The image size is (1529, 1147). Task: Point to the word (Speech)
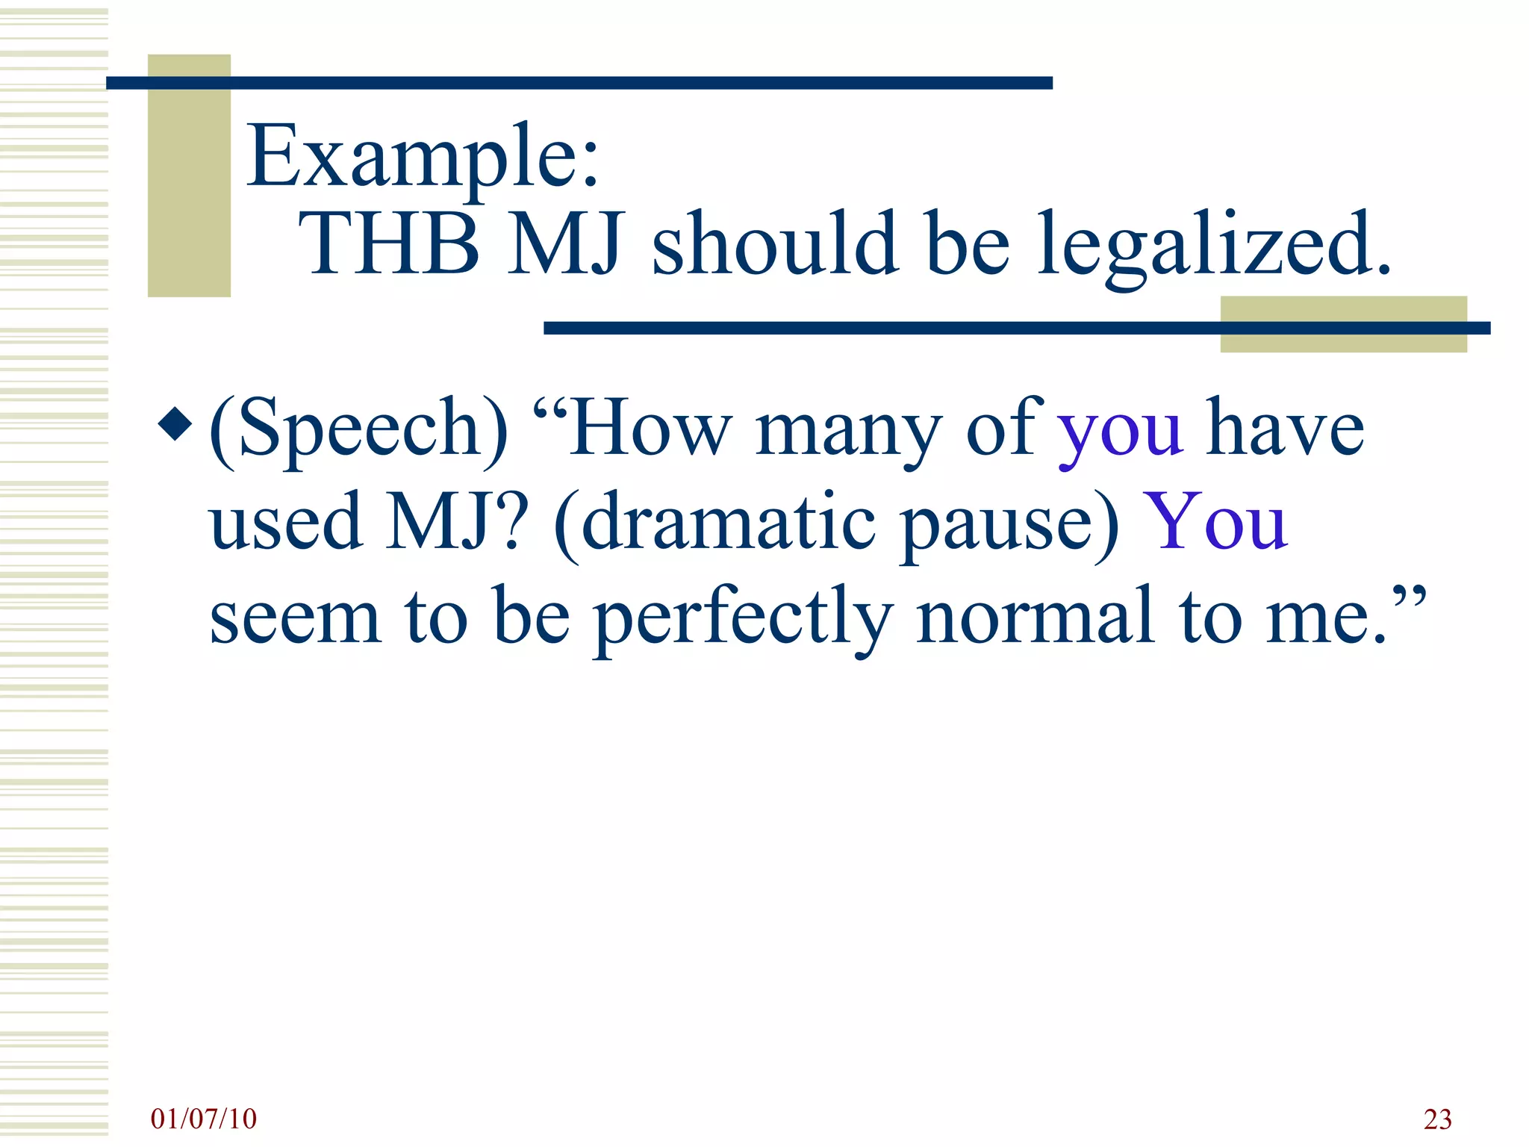point(358,429)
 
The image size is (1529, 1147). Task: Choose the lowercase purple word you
point(1121,433)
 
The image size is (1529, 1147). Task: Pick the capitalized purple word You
point(1217,523)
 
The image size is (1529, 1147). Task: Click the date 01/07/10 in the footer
point(203,1119)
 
